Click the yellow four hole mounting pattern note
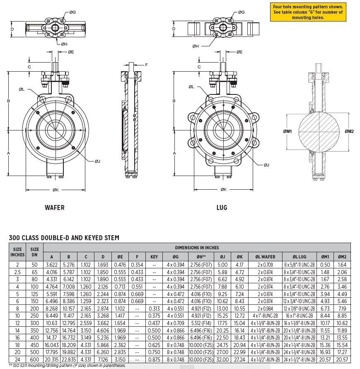[307, 12]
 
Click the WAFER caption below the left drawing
[55, 207]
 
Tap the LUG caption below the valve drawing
[222, 207]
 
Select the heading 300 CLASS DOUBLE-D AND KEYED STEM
[64, 238]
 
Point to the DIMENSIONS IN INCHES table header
[203, 247]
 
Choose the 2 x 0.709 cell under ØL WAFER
[265, 265]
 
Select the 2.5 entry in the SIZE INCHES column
[17, 272]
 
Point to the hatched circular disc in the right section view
[319, 131]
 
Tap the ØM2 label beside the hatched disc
[349, 131]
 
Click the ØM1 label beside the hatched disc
[288, 131]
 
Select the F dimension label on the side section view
[146, 65]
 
